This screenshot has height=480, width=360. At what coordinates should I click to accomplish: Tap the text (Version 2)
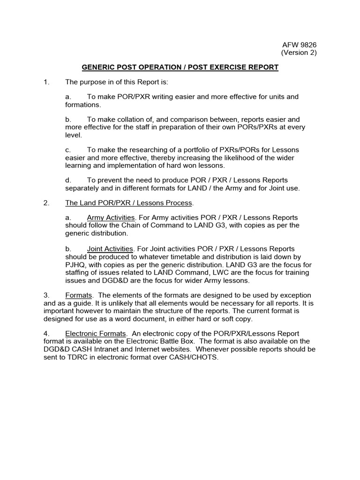(x=299, y=53)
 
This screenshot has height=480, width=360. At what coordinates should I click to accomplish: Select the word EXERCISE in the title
(x=220, y=67)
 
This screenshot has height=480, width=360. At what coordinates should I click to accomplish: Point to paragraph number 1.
(x=46, y=82)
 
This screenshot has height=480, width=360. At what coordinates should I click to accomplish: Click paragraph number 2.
(x=46, y=203)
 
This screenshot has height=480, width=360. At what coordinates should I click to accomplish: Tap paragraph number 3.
(x=46, y=295)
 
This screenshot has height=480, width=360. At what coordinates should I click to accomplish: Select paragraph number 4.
(x=46, y=334)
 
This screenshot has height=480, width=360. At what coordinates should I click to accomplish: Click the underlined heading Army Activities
(x=111, y=218)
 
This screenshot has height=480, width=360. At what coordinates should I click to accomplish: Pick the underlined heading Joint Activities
(x=111, y=249)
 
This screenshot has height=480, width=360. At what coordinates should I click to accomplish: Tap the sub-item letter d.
(x=68, y=180)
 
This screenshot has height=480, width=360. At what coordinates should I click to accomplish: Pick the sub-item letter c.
(x=68, y=150)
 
